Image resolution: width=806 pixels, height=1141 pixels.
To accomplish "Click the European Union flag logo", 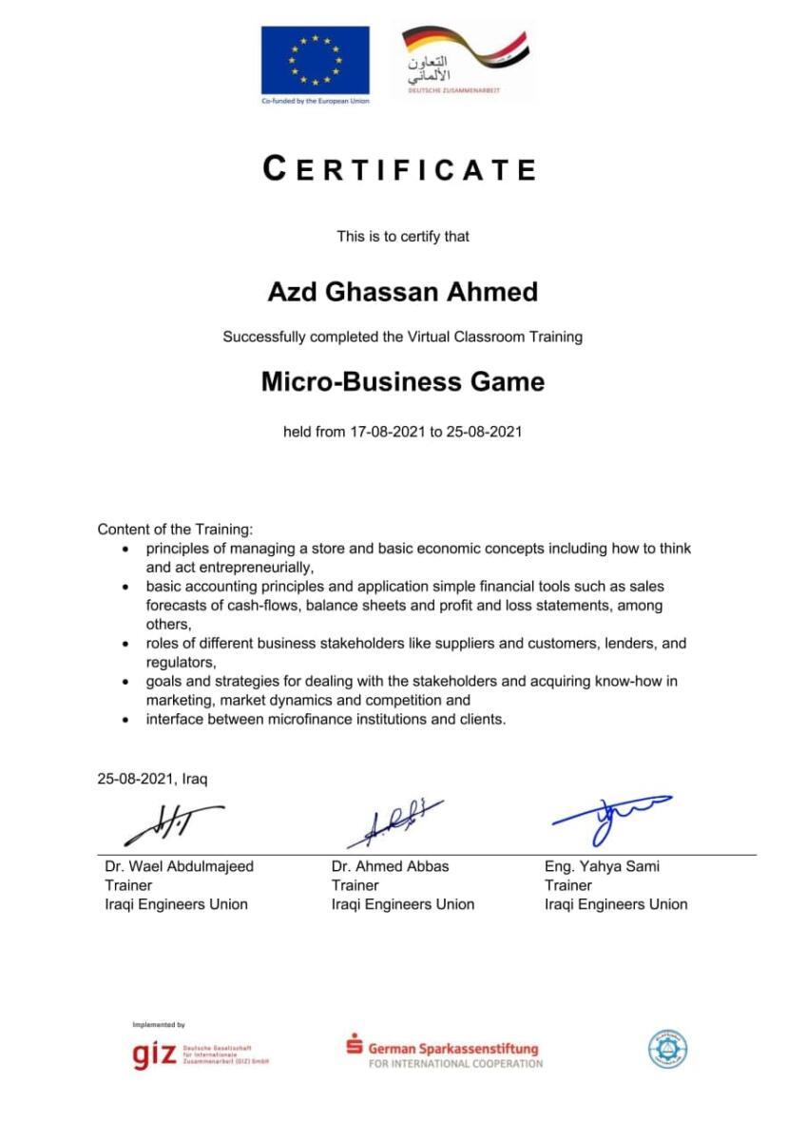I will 315,60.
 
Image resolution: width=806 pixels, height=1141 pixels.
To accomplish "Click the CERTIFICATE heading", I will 400,169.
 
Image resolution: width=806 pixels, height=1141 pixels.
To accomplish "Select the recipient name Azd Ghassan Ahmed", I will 402,292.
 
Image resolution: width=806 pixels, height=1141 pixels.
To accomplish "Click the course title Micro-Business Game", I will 403,382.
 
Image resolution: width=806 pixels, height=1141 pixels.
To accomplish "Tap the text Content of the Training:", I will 175,529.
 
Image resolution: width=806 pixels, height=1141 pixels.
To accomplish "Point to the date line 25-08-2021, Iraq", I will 152,779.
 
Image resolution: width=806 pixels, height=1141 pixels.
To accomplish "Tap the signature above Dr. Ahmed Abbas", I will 393,822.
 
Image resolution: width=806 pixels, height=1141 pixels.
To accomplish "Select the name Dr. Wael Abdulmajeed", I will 180,866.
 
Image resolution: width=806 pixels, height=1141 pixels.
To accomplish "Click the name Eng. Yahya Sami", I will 602,866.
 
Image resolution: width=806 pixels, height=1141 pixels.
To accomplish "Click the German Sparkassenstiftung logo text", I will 452,1049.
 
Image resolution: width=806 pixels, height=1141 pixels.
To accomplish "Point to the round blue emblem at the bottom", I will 668,1050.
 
